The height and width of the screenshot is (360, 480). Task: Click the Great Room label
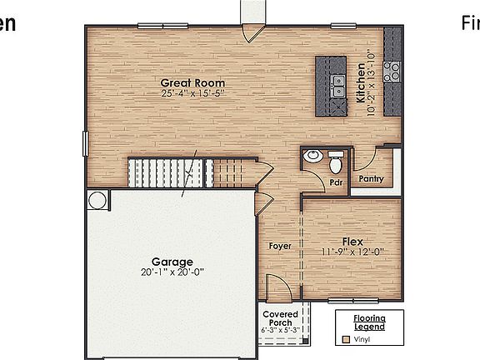tap(193, 82)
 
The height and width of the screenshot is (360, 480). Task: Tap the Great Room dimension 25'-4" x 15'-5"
tap(193, 93)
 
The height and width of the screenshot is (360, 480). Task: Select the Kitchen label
tap(361, 83)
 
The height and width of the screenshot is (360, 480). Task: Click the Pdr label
tap(337, 182)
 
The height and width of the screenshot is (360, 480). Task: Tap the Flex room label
tap(352, 241)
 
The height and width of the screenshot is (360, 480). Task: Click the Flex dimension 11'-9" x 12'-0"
tap(352, 252)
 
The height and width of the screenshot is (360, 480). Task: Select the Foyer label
tap(279, 247)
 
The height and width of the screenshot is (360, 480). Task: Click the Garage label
tap(172, 262)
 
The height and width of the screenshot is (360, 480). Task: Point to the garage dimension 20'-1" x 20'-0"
tap(172, 272)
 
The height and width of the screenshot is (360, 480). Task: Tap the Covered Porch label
tap(281, 319)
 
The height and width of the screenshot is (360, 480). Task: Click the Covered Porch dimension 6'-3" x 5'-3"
tap(281, 331)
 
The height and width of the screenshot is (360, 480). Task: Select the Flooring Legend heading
tap(369, 323)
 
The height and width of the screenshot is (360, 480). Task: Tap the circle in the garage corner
tap(97, 201)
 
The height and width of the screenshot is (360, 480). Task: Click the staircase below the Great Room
tap(190, 172)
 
